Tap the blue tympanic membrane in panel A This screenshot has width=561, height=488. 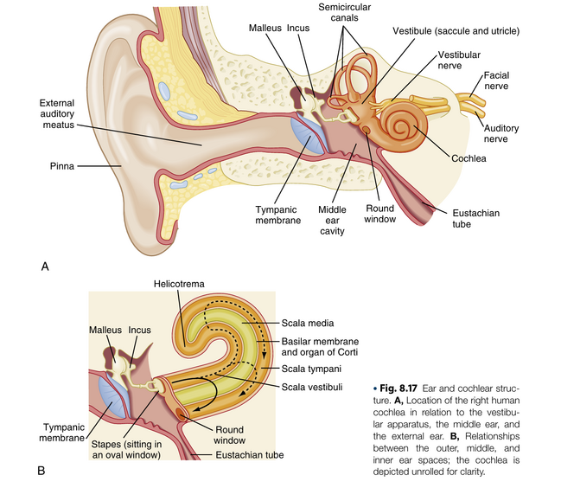(x=309, y=134)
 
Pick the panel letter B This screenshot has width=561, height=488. (x=41, y=472)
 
